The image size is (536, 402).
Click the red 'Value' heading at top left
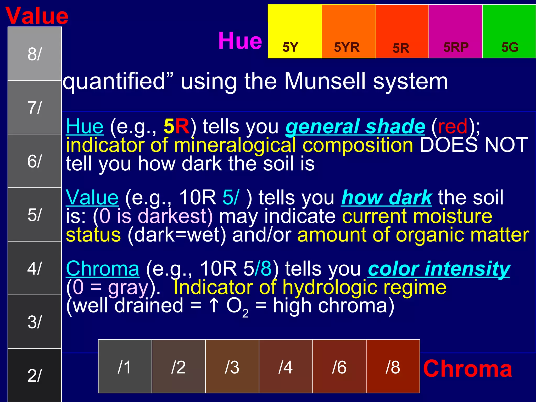(x=37, y=16)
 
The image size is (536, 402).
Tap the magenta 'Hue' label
(x=240, y=41)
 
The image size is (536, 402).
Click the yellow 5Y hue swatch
(x=295, y=31)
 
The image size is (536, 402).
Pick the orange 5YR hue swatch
(x=348, y=31)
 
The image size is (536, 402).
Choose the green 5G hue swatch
(x=509, y=31)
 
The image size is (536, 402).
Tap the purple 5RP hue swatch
(x=455, y=31)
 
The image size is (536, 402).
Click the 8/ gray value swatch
(x=35, y=54)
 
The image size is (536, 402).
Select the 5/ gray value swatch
(x=35, y=215)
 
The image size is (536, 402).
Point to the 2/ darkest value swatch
(x=35, y=375)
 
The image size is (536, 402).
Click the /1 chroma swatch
(x=125, y=366)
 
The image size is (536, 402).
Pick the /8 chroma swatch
(x=393, y=366)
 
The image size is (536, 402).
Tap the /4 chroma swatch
(x=286, y=366)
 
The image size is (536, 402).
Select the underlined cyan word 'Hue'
(x=85, y=127)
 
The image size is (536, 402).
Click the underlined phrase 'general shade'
(x=355, y=127)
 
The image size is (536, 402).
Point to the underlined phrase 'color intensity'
(x=439, y=269)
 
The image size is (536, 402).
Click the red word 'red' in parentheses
(x=453, y=127)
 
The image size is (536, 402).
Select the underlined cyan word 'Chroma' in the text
(x=103, y=269)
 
